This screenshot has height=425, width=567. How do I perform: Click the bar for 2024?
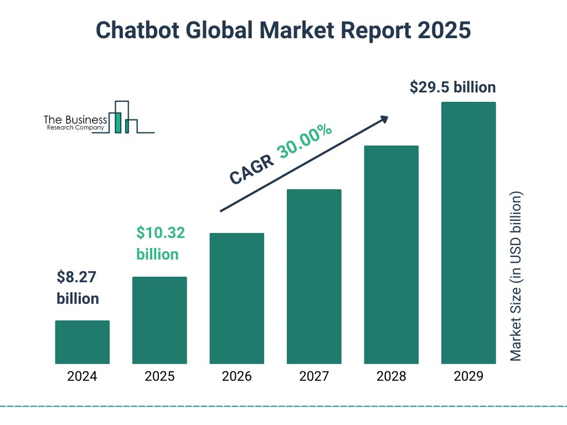pos(82,342)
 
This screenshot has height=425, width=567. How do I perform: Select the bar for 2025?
pos(159,320)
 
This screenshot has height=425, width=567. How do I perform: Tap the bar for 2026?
pos(236,298)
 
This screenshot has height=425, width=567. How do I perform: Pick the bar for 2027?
pos(314,277)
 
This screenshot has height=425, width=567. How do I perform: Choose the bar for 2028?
pos(391,255)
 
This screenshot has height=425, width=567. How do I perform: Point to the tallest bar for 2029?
pos(468,233)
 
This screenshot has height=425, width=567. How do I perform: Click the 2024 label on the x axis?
pos(82,377)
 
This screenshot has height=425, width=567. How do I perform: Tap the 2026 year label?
pos(236,377)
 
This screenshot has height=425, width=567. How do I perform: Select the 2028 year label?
pos(391,377)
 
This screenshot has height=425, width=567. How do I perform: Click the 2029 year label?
pos(468,377)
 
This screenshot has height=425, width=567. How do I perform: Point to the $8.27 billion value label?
pos(78,288)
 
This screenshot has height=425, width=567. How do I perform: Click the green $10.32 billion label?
pos(161,243)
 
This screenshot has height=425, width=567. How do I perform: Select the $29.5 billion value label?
pos(452,87)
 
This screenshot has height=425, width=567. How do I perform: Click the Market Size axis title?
pos(516,277)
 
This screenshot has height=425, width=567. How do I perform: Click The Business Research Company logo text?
pos(75,123)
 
